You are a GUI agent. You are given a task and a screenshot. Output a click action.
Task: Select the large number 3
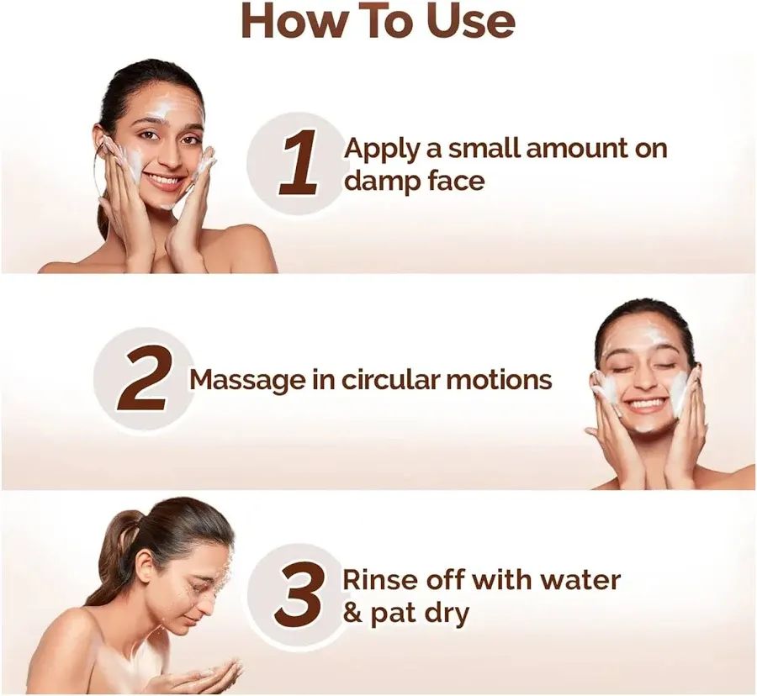pyautogui.click(x=302, y=594)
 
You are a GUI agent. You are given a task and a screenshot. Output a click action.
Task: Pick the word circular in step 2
pyautogui.click(x=388, y=379)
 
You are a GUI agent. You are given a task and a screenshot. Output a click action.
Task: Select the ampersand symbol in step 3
pyautogui.click(x=352, y=613)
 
